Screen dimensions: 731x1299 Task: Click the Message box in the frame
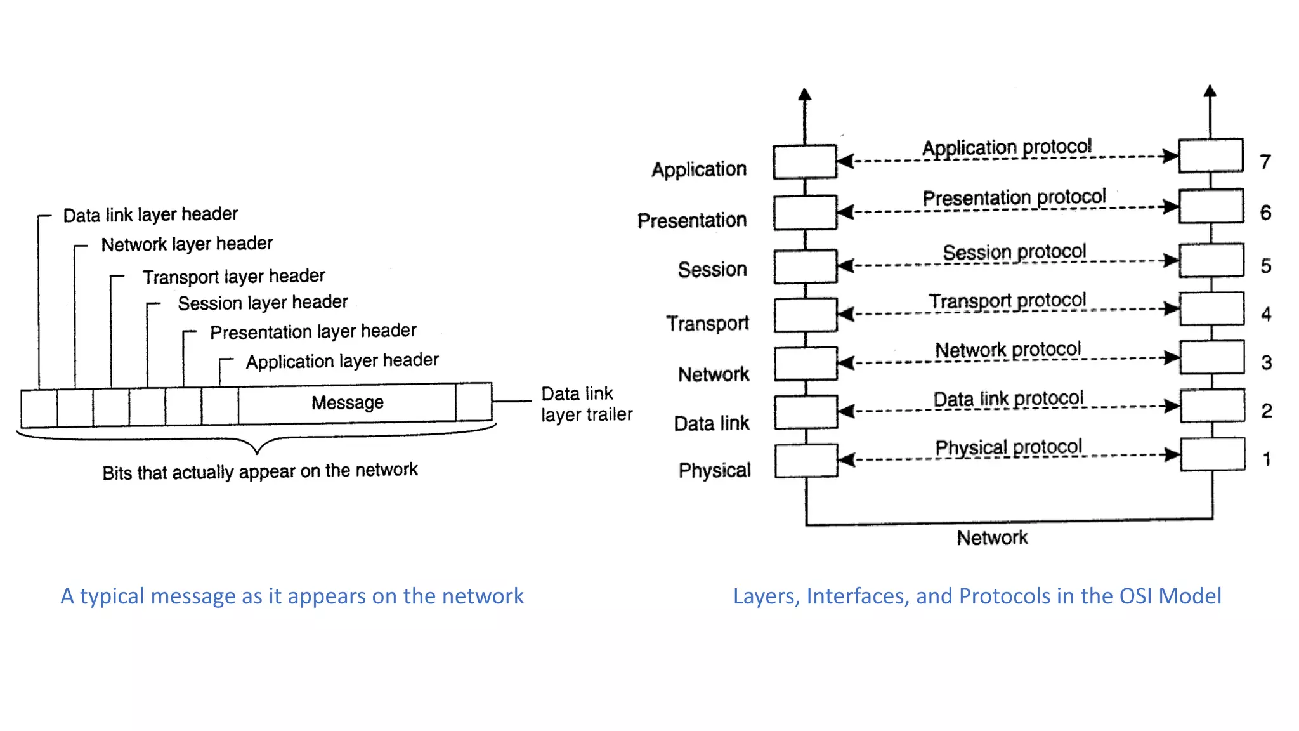(x=347, y=403)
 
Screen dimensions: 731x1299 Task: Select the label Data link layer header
(x=150, y=214)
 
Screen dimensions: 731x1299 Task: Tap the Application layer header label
(x=342, y=361)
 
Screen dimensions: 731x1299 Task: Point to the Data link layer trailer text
(x=585, y=404)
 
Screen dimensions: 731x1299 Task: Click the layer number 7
(x=1265, y=162)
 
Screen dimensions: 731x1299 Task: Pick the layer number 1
(x=1266, y=459)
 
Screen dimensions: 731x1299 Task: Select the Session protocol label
(x=1014, y=252)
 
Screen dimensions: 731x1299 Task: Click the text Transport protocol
(x=1007, y=301)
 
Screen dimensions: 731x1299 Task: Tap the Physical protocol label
(x=1008, y=447)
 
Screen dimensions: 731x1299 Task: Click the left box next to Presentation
(x=805, y=213)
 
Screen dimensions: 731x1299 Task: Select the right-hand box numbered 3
(x=1211, y=357)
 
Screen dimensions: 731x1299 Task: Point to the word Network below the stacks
(x=992, y=538)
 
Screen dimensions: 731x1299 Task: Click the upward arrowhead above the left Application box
(x=805, y=95)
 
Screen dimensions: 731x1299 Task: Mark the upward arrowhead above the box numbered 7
(x=1210, y=91)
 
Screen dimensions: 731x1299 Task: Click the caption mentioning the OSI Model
(x=977, y=596)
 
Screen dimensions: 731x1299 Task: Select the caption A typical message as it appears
(x=292, y=596)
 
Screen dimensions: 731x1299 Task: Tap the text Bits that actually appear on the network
(x=259, y=471)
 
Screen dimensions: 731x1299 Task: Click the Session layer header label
(x=263, y=303)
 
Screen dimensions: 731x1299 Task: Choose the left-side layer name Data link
(x=711, y=423)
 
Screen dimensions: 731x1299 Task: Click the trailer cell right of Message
(x=473, y=402)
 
